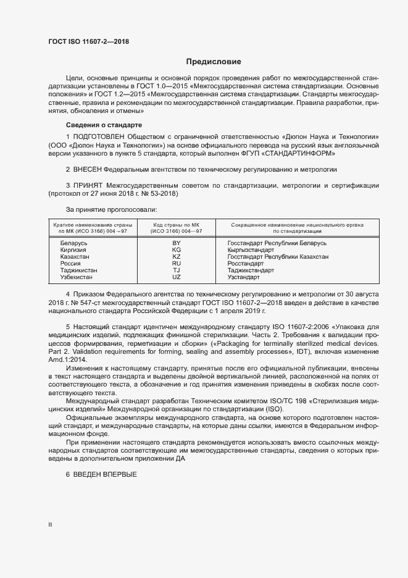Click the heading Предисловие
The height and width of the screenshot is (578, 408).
coord(214,62)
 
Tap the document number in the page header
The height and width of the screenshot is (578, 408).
coord(89,42)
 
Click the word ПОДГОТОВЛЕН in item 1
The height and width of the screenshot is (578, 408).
coord(101,136)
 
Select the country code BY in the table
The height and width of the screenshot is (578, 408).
coord(177,243)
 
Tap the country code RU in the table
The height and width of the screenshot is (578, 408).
coord(177,263)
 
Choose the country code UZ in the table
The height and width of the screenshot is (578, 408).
coord(177,277)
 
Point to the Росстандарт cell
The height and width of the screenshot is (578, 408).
coord(246,263)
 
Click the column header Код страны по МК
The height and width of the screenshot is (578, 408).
coord(177,224)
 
